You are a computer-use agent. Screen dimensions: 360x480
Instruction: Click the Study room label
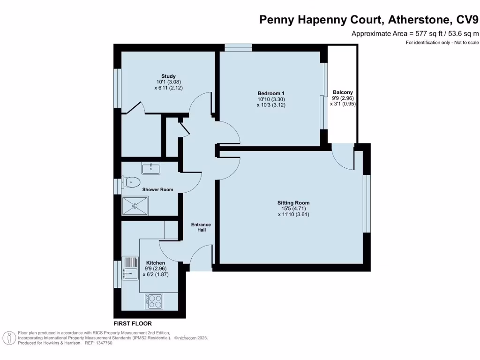(168, 76)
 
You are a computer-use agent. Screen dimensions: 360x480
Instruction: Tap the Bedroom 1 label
(271, 93)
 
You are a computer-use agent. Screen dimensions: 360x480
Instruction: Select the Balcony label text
(343, 92)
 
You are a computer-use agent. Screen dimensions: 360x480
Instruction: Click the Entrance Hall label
(201, 227)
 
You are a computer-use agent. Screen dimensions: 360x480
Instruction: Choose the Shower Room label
(158, 190)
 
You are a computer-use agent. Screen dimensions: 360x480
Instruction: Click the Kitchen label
(156, 263)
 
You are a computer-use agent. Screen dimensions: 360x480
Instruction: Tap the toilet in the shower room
(131, 181)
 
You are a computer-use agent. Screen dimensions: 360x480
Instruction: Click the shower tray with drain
(135, 205)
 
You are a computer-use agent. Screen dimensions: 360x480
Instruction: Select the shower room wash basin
(151, 167)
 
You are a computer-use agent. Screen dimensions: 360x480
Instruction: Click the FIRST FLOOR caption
(133, 324)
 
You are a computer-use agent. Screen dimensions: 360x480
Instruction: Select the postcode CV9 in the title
(468, 20)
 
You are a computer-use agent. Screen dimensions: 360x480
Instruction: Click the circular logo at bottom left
(9, 337)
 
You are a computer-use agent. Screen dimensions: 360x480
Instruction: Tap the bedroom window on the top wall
(238, 47)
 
